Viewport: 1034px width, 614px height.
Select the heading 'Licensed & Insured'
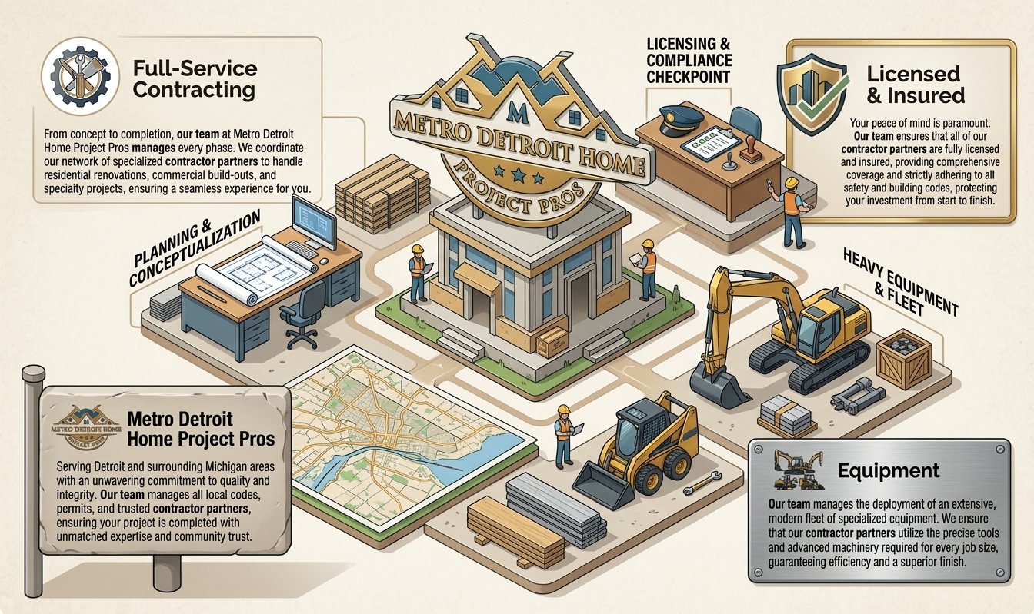pyautogui.click(x=915, y=85)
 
